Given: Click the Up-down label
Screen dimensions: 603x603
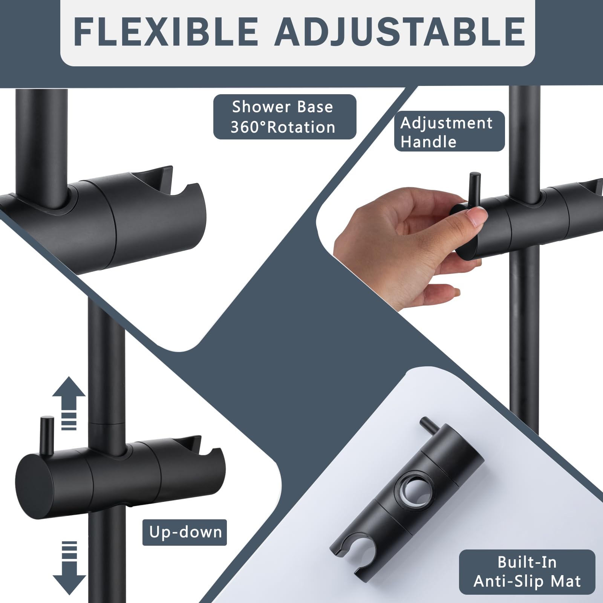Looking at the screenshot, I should click(x=185, y=532).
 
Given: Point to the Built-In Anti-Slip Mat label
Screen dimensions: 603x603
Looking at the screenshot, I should click(x=527, y=572).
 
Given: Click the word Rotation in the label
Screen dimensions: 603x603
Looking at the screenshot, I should click(x=301, y=127).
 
